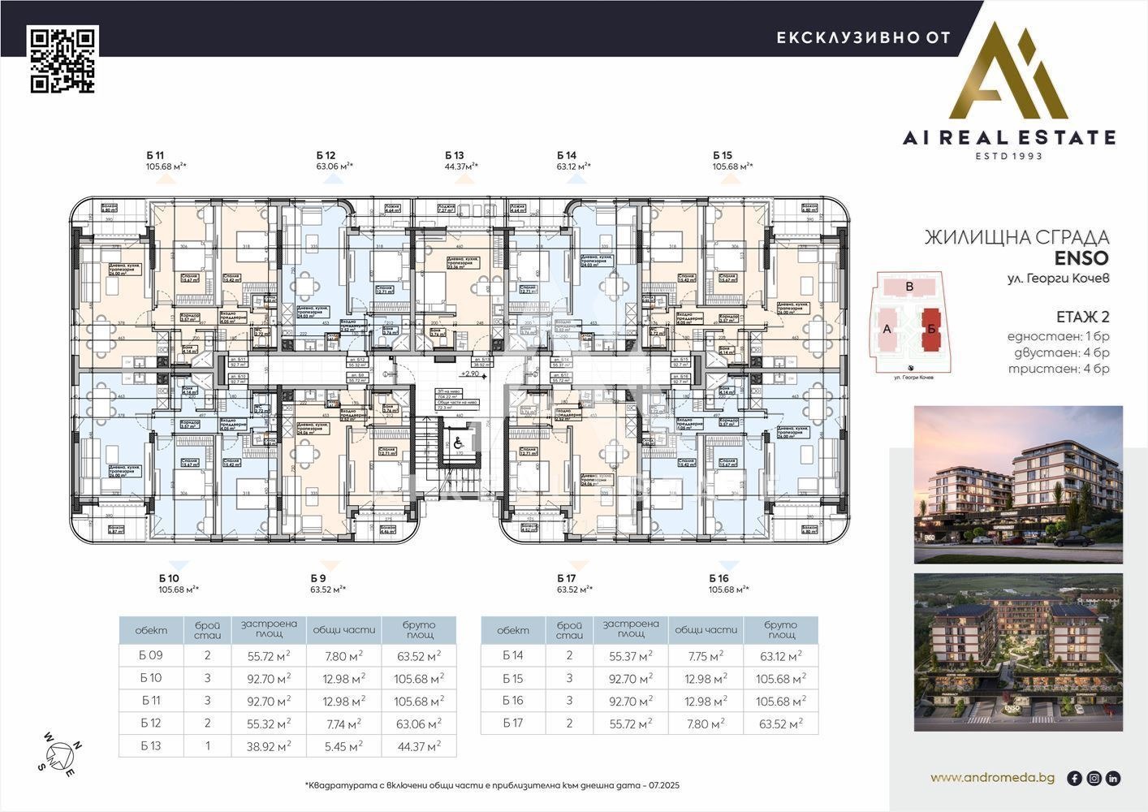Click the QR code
pos(63,59)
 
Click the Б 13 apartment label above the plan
pos(454,155)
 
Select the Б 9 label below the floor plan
pos(318,578)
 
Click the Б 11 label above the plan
pos(155,155)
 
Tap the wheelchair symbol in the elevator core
pos(458,443)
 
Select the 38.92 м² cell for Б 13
pos(263,745)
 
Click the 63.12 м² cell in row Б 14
pos(780,656)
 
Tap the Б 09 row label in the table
pos(151,656)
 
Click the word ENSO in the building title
pos(1081,258)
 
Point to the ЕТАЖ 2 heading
pos(1082,317)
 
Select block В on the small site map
pos(910,287)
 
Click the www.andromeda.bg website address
pos(992,778)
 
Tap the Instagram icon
pos(1094,778)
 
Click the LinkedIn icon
pos(1113,778)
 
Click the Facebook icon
pos(1074,778)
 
